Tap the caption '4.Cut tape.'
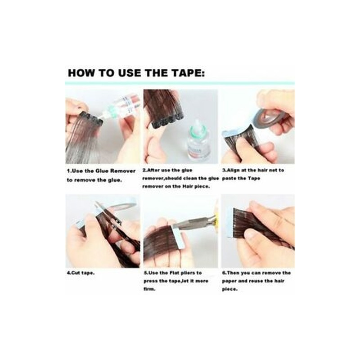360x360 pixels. (81, 273)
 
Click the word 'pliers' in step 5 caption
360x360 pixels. (186, 273)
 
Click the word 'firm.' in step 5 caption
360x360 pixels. (149, 289)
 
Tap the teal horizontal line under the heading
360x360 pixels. (180, 83)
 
